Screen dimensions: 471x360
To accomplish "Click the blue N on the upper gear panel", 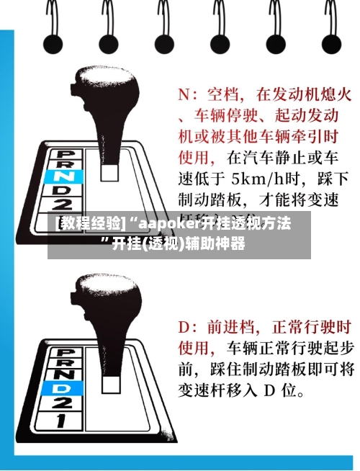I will (x=63, y=175).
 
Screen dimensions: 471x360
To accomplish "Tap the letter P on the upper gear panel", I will (x=63, y=153).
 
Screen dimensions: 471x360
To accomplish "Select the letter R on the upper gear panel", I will (x=63, y=164).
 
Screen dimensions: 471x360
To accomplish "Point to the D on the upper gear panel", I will (x=63, y=187).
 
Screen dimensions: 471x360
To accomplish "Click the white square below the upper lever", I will (x=109, y=171).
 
